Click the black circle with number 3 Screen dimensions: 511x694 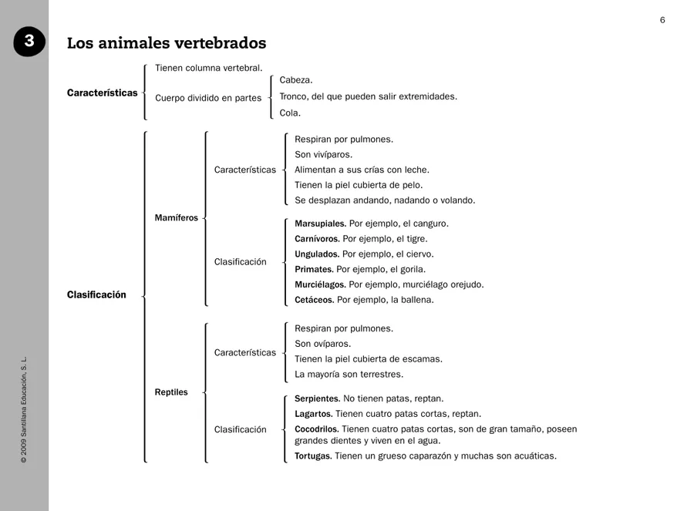(x=29, y=42)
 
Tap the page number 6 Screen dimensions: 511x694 (x=662, y=20)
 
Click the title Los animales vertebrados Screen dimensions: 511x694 (x=167, y=43)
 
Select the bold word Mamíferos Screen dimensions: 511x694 (x=177, y=218)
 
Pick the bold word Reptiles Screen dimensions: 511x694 (x=171, y=392)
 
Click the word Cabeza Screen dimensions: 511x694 (x=296, y=80)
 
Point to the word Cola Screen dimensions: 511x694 (x=290, y=113)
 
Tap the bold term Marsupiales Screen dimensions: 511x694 (x=320, y=224)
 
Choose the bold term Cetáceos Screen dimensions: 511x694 (x=315, y=300)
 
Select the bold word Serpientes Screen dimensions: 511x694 (x=317, y=398)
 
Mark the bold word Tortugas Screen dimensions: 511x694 (x=313, y=456)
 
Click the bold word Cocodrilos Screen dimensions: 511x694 (x=317, y=429)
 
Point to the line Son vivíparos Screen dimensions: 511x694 (x=323, y=155)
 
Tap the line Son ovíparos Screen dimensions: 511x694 (x=322, y=344)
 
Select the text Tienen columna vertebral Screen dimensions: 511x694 (x=208, y=68)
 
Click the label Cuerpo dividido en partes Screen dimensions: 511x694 (x=208, y=98)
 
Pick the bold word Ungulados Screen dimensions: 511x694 (x=317, y=254)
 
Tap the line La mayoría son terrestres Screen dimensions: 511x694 (x=349, y=375)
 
